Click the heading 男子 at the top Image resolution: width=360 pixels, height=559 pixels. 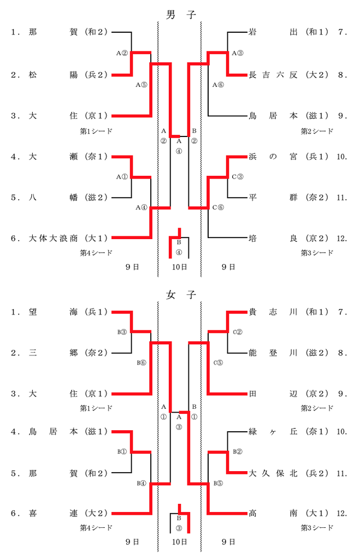pos(180,14)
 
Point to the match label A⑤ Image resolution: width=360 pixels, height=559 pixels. pos(141,85)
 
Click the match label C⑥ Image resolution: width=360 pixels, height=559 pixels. pos(218,207)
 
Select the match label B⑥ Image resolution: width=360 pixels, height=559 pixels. pos(141,362)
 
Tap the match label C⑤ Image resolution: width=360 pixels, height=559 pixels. pos(218,362)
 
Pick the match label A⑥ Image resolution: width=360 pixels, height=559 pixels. pos(218,85)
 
